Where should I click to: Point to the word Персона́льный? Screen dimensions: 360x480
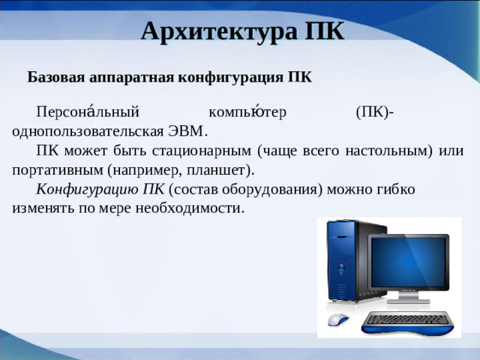(88, 112)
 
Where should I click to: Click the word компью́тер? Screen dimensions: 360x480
(248, 112)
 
